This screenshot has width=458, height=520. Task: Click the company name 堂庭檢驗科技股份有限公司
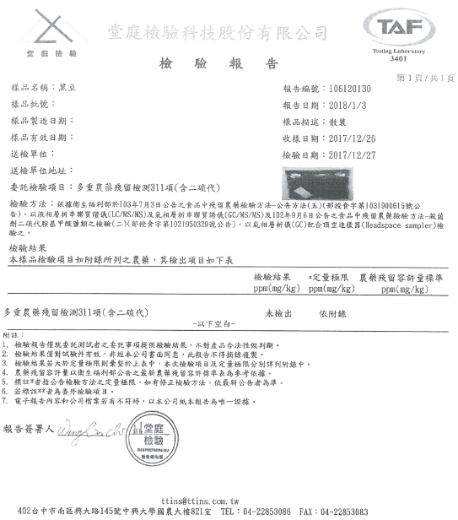[x=218, y=32]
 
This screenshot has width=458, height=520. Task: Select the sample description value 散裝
[x=337, y=122]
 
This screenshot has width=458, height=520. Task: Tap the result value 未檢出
[x=277, y=312]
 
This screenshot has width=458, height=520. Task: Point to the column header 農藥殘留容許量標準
[x=400, y=277]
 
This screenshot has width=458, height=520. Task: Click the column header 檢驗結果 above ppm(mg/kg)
[x=272, y=277]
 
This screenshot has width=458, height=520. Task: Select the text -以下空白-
[x=217, y=324]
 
